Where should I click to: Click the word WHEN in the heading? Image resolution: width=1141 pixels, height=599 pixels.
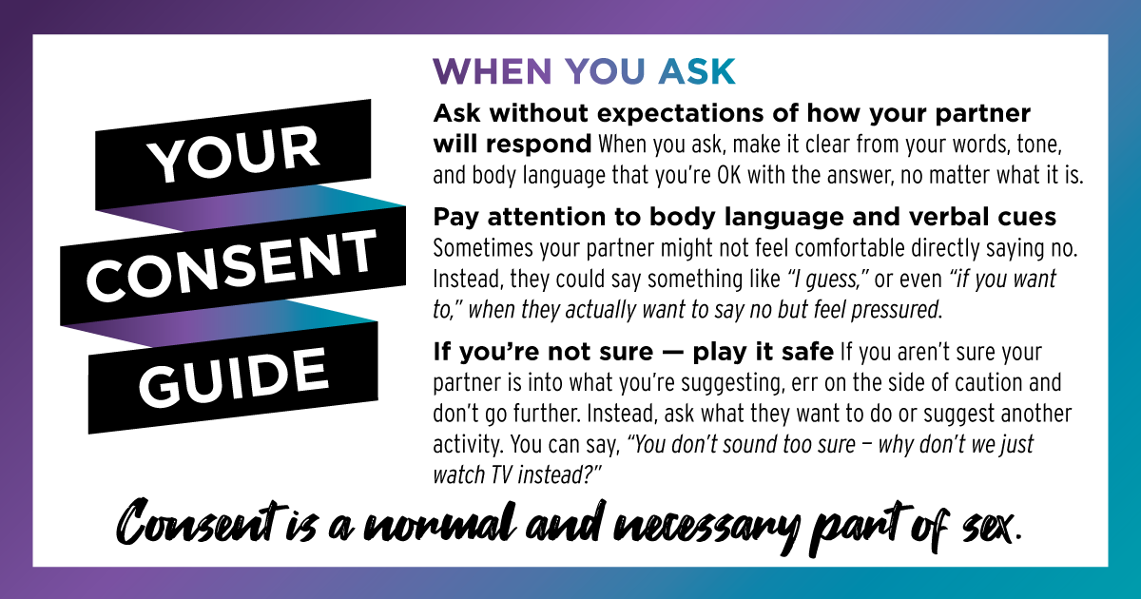click(x=493, y=70)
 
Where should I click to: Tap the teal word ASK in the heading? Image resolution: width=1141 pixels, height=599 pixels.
click(x=696, y=70)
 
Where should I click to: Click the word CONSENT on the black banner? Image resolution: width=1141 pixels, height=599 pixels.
click(x=231, y=264)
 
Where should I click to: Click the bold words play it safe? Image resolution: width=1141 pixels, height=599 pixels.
click(x=763, y=352)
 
